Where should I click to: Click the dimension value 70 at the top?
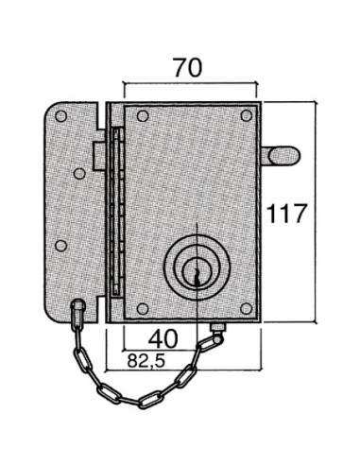point(187,68)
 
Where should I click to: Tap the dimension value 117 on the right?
point(286,214)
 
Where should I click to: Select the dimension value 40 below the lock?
point(163,339)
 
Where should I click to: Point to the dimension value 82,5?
point(146,361)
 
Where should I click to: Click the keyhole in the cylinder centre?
point(197,276)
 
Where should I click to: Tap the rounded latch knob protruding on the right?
point(282,156)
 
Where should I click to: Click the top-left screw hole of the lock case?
point(143,116)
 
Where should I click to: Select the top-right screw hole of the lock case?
point(247,115)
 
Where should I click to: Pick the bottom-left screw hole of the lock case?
point(143,309)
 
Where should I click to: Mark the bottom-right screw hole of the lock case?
point(246,309)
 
